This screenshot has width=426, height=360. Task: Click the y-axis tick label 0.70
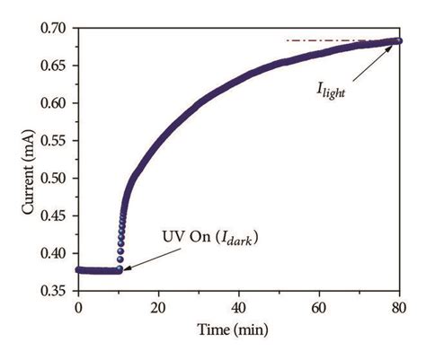click(x=55, y=28)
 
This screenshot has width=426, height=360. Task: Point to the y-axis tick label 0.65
click(x=55, y=66)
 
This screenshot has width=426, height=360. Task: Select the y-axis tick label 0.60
click(x=55, y=103)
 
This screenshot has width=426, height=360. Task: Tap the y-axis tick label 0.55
click(x=55, y=141)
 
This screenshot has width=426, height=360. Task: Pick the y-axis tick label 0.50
click(x=55, y=179)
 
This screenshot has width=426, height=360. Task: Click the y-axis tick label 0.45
click(x=55, y=215)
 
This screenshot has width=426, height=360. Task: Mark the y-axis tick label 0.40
click(x=55, y=253)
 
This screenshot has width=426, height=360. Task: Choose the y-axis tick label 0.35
click(x=55, y=291)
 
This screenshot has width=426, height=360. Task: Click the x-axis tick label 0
click(x=78, y=307)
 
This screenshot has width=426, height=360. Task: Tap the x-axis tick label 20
click(x=158, y=307)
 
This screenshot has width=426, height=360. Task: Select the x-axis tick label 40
click(x=239, y=307)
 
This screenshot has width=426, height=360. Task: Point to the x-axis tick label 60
click(x=319, y=307)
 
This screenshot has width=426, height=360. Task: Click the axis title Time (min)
click(x=238, y=329)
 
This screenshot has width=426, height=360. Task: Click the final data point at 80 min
click(x=398, y=40)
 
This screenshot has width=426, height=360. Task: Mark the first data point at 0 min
click(x=79, y=269)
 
